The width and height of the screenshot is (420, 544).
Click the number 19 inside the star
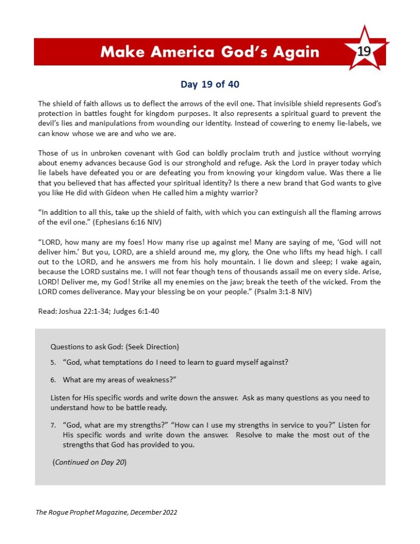[364, 51]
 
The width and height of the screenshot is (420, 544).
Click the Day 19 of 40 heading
[210, 84]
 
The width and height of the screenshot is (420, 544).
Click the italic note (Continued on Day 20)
[89, 462]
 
